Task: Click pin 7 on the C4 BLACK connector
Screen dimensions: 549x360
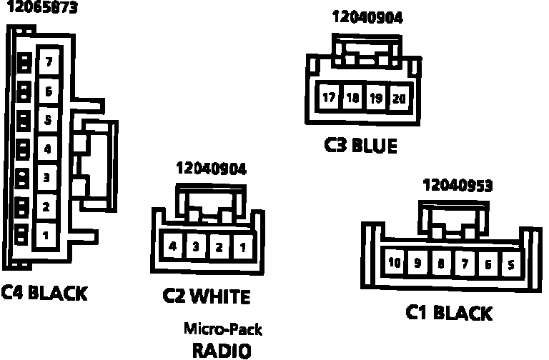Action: [48, 62]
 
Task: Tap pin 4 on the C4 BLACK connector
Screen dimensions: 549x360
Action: [47, 149]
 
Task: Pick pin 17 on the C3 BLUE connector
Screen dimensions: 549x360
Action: [330, 98]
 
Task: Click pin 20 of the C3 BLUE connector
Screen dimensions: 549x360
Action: [398, 98]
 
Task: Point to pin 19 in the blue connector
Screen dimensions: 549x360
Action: [375, 98]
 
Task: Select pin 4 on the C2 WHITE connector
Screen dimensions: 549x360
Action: [174, 247]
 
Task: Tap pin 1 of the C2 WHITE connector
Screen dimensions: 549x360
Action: [242, 247]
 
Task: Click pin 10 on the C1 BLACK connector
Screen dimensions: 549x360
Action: [395, 262]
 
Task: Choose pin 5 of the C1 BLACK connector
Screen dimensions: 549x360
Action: [510, 263]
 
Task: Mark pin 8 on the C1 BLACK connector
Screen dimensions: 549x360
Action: [440, 263]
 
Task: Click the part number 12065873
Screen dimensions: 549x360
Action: [42, 9]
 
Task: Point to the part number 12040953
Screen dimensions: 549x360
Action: [458, 186]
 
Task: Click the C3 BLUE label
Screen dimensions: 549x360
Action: [360, 146]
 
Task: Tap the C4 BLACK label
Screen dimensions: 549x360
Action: [44, 292]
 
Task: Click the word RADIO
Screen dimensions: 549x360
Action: [222, 350]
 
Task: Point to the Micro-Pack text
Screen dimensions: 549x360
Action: [223, 329]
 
